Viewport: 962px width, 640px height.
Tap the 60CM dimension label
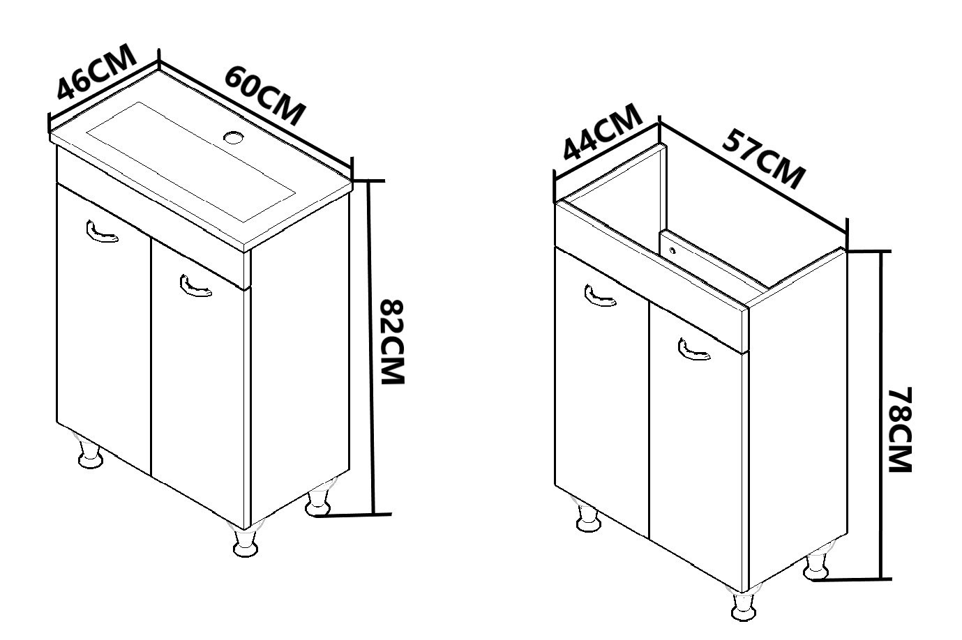[x=265, y=96]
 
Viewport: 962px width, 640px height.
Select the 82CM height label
[x=393, y=342]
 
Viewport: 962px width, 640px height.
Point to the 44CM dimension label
[x=602, y=132]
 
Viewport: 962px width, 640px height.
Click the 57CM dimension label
[x=763, y=159]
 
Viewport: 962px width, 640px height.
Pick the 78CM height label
[x=899, y=429]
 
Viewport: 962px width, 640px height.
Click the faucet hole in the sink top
[x=234, y=137]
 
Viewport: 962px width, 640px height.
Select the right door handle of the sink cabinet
[x=195, y=286]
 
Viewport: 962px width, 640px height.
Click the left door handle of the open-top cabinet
[x=600, y=296]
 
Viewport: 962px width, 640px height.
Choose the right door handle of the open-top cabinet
[x=694, y=349]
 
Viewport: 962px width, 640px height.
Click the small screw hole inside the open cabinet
[x=672, y=250]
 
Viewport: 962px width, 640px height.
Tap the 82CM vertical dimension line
[x=372, y=347]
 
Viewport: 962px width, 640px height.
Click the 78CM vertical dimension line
[x=880, y=416]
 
